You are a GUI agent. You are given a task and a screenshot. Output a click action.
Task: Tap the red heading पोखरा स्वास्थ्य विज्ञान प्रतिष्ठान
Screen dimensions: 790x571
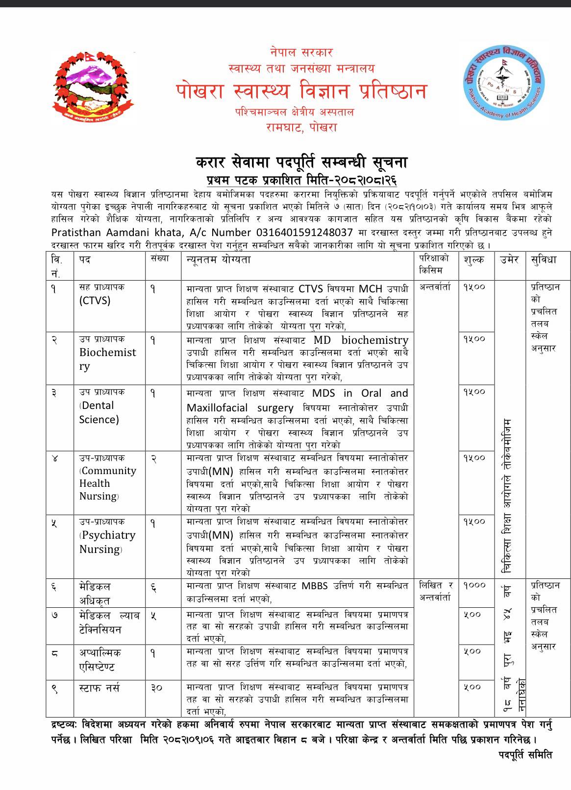click(x=301, y=91)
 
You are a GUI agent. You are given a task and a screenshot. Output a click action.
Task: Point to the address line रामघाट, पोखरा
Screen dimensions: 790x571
click(x=301, y=127)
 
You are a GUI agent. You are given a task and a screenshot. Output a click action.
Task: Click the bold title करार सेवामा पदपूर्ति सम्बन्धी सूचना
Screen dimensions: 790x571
click(x=301, y=162)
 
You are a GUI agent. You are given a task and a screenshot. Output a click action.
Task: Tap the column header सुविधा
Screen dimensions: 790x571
click(x=543, y=260)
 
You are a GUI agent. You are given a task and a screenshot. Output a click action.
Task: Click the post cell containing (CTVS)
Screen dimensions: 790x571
click(x=95, y=300)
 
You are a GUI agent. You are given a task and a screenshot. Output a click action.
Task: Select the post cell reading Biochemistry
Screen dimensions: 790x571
click(x=108, y=359)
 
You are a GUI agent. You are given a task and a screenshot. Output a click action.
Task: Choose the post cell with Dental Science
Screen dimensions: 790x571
click(x=99, y=412)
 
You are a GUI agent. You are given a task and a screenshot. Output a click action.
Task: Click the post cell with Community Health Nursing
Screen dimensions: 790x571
click(x=107, y=483)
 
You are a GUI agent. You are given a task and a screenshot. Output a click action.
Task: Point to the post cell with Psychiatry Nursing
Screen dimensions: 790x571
click(x=107, y=542)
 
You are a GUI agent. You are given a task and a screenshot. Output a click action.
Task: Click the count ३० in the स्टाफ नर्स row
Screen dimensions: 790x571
click(x=157, y=688)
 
